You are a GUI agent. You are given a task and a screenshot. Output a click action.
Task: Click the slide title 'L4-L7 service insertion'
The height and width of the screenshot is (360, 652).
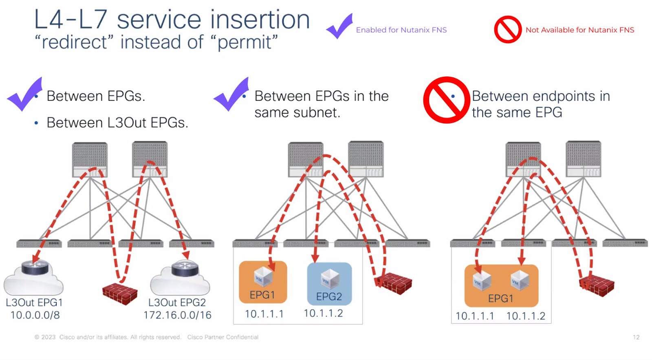coord(172,20)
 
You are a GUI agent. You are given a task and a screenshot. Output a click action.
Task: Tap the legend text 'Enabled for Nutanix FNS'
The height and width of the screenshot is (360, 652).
coord(401,30)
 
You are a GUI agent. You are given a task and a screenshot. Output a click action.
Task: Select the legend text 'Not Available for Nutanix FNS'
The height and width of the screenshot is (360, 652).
coord(579,30)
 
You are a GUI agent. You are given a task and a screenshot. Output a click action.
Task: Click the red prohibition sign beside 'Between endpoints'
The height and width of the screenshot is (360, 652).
coord(447,100)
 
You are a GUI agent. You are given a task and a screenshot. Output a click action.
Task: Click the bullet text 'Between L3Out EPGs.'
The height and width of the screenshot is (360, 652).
coord(117,123)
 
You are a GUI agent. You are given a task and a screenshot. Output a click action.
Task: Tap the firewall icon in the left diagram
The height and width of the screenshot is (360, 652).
coord(120,292)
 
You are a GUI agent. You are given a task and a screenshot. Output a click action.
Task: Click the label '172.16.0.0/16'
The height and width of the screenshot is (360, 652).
coord(177,315)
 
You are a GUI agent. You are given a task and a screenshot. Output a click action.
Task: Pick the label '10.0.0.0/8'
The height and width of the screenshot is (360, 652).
coord(35,315)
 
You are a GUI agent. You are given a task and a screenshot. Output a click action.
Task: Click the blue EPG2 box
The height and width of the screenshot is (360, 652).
coord(329,284)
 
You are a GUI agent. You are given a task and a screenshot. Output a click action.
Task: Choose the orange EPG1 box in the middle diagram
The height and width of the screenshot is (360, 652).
coord(263,282)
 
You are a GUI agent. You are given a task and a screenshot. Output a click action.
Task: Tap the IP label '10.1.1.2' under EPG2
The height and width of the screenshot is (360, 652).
coord(323,313)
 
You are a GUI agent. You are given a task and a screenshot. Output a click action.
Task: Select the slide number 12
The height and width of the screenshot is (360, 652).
coord(636,337)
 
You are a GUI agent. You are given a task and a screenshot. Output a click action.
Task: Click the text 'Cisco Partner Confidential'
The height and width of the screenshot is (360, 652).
coord(223,337)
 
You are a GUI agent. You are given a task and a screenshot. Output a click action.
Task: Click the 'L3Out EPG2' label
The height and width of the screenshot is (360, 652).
coord(177,303)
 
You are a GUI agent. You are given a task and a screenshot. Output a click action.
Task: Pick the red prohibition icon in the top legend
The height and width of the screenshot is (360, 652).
coord(508,29)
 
